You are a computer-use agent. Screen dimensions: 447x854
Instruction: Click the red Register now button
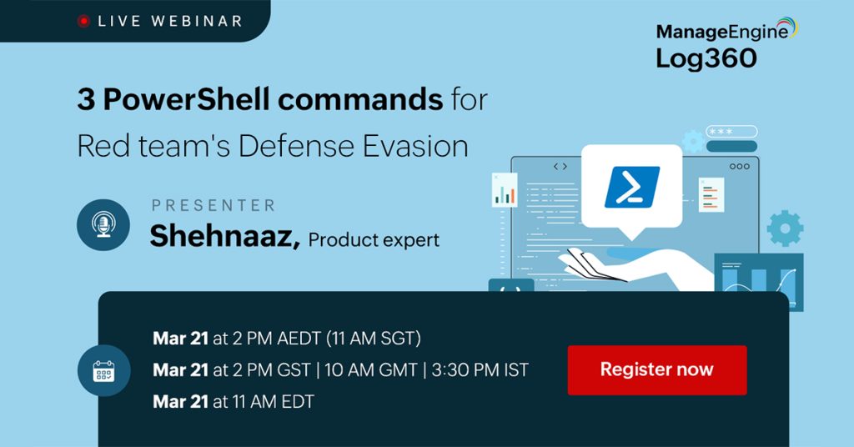tap(656, 369)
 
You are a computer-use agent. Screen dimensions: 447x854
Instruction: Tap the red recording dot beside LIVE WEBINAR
tap(83, 21)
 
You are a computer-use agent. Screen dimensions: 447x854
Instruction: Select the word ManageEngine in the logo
tap(721, 33)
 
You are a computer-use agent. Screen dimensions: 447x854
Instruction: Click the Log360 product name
tap(706, 58)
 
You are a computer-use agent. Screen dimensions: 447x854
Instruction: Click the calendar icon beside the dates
tap(103, 369)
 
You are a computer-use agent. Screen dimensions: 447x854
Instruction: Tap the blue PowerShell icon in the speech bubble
tap(631, 187)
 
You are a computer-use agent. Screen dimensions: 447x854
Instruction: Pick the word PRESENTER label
tap(213, 205)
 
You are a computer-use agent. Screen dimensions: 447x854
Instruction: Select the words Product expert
tap(373, 240)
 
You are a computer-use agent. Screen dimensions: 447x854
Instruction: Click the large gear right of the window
tap(784, 228)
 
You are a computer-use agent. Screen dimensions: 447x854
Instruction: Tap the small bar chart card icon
tap(505, 191)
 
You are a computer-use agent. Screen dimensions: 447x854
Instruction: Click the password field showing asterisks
tap(731, 132)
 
